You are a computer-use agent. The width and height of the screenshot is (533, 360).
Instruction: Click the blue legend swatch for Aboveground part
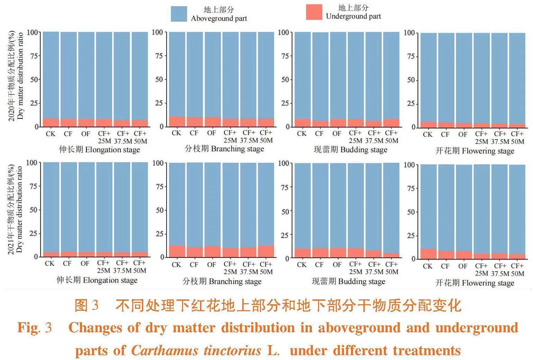(179, 14)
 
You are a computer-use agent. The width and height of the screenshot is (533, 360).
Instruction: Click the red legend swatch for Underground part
(314, 12)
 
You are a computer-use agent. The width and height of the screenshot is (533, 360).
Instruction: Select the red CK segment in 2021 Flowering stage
(428, 254)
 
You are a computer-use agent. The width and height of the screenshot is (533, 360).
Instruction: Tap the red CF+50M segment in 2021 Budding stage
(391, 255)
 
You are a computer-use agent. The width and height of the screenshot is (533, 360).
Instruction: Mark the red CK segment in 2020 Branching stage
(177, 121)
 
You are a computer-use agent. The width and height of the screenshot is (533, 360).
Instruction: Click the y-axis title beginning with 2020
(16, 75)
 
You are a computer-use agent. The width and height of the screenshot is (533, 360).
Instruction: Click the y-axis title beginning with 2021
(16, 209)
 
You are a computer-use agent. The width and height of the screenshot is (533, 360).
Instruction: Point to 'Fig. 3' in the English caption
(35, 327)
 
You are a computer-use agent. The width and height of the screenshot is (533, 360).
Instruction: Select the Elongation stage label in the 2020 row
(99, 150)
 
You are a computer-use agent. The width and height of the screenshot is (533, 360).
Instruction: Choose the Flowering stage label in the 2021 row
(475, 283)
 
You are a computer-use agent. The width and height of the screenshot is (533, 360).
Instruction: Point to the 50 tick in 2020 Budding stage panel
(285, 79)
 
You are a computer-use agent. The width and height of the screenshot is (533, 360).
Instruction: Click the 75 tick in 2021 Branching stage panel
(160, 187)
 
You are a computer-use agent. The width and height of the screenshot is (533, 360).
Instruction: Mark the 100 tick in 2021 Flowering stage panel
(409, 165)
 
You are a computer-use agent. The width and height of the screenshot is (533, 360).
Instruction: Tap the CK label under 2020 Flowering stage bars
(428, 134)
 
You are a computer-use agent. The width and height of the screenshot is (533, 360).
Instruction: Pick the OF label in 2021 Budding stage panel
(337, 265)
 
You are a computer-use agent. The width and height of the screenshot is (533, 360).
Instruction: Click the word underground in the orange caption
(477, 327)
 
